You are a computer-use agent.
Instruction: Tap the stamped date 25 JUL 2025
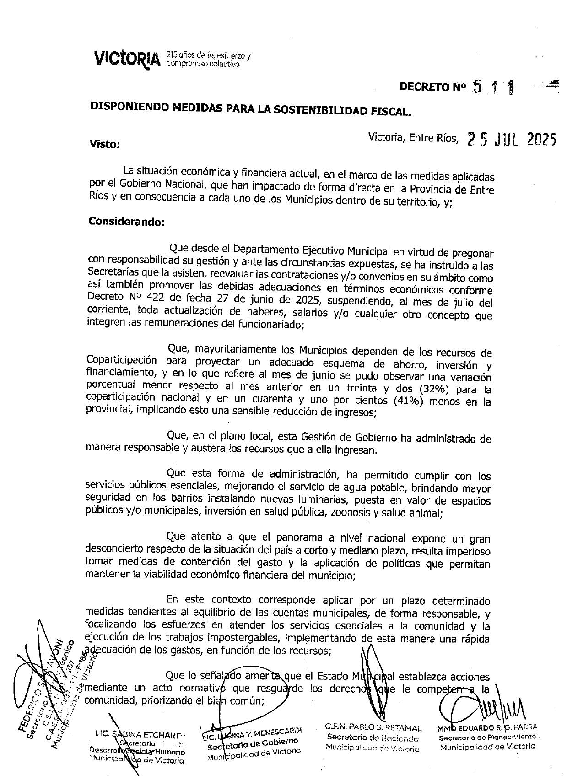click(512, 139)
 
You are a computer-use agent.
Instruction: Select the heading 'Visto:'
click(105, 145)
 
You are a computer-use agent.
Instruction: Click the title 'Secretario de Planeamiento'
click(487, 738)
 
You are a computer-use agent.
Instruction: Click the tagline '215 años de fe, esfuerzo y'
click(208, 55)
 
